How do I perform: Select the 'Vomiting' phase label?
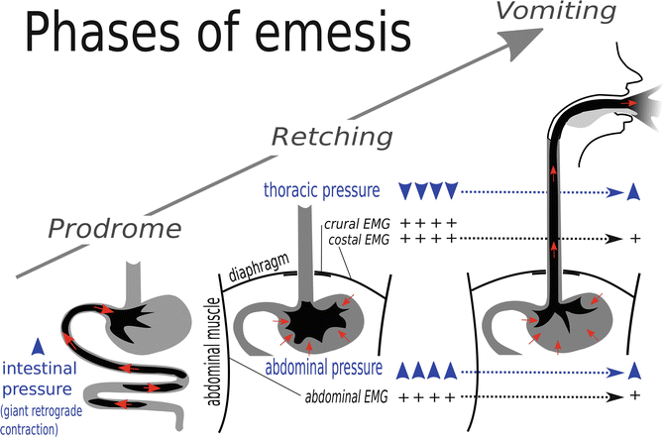(x=544, y=11)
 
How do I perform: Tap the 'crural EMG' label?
(x=355, y=224)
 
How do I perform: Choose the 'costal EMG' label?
(x=355, y=239)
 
